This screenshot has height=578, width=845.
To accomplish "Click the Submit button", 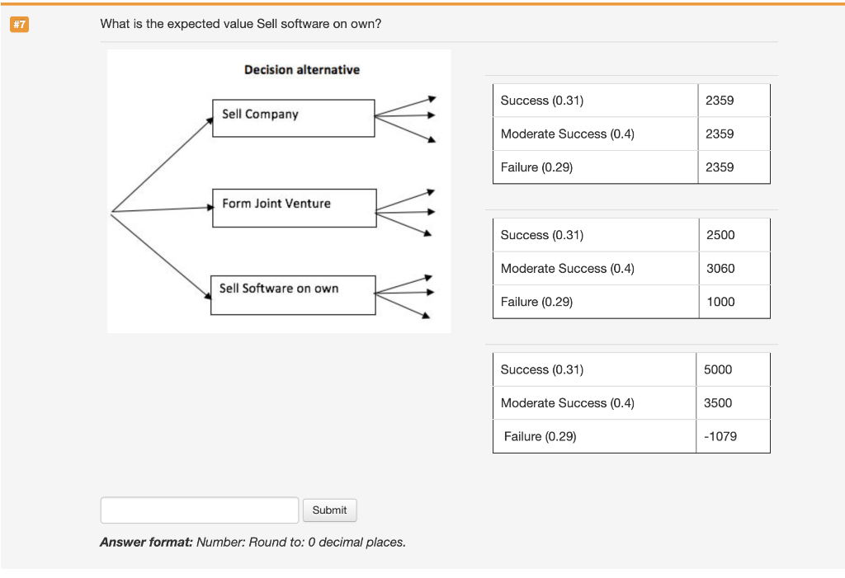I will (329, 510).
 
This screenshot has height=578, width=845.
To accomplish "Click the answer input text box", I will (199, 510).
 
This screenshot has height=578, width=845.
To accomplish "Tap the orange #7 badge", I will (19, 25).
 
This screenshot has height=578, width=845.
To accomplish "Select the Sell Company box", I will (293, 118).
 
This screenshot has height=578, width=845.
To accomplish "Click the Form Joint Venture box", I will (294, 208).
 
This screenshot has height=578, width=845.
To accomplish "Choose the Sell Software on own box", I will (293, 294).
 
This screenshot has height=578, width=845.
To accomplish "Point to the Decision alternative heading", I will (302, 70).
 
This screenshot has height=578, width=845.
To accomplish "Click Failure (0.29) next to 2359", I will (536, 167).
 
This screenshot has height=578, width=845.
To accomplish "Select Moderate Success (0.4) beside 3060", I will (567, 269).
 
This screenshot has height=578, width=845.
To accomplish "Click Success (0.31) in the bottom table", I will (541, 369).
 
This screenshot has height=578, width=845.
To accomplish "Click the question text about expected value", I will (241, 24).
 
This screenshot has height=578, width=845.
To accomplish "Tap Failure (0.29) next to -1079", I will (540, 436).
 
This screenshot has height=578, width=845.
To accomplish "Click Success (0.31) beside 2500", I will (541, 235).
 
